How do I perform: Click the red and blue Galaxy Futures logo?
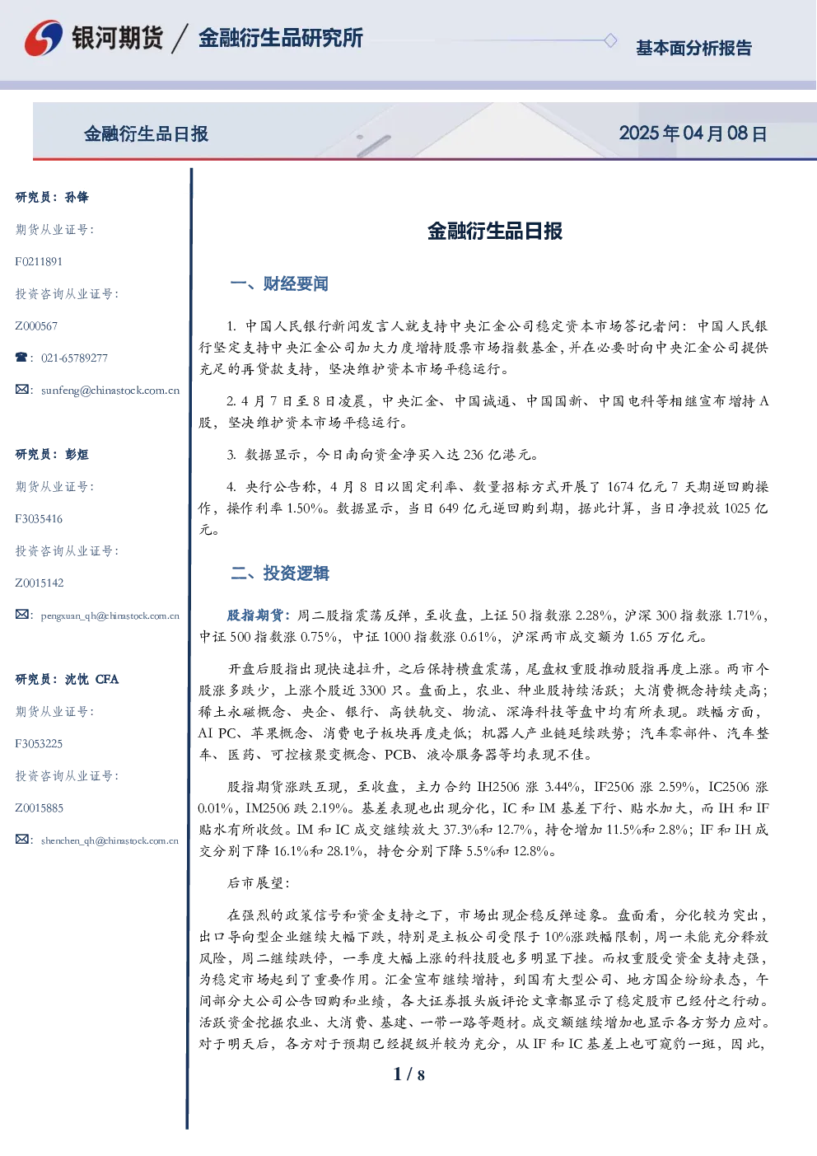point(44,38)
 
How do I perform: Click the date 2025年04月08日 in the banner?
point(693,133)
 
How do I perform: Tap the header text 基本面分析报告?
point(693,48)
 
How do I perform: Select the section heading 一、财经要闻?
point(279,283)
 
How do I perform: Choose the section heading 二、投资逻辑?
point(279,573)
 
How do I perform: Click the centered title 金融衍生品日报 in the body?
point(495,231)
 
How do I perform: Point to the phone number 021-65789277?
point(74,358)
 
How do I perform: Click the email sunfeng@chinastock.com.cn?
point(110,391)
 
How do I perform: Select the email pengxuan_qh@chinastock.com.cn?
point(110,615)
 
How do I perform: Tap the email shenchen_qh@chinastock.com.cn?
point(110,840)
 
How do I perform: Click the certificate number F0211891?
point(39,262)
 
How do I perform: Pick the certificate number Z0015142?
point(40,583)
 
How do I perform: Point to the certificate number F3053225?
point(39,743)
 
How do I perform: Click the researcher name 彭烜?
point(77,454)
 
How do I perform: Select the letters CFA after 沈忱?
point(107,679)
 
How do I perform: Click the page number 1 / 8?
point(408,1074)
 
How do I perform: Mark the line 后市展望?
point(259,883)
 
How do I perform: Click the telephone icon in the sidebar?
point(21,357)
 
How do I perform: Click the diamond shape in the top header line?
point(610,40)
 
